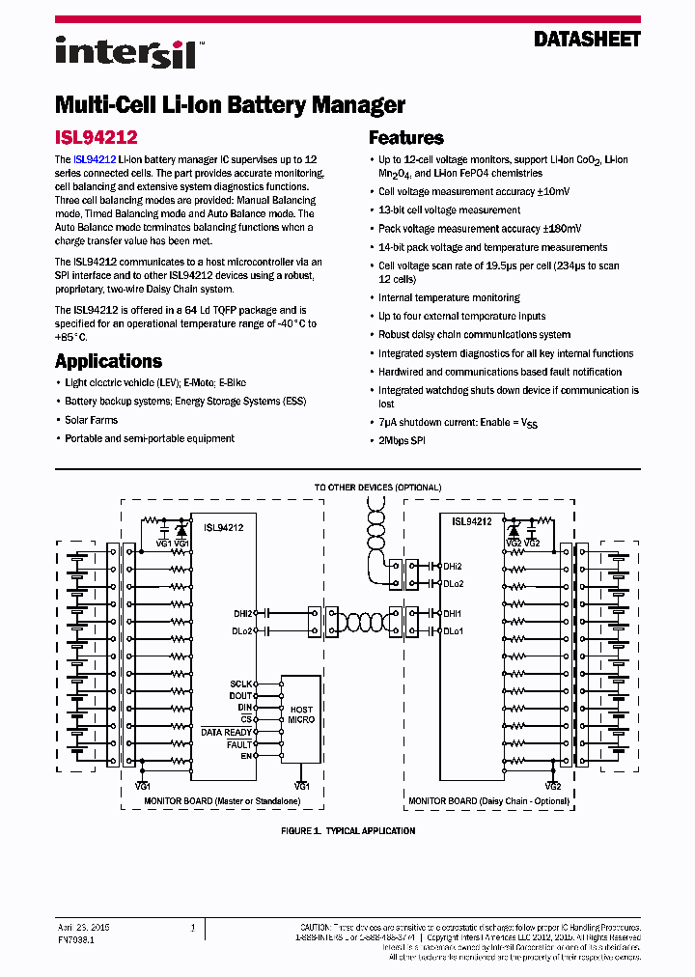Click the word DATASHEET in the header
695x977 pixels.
[x=588, y=40]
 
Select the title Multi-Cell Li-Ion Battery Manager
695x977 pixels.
[x=230, y=104]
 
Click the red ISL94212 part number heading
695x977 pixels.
[x=96, y=138]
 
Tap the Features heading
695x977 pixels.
[x=406, y=138]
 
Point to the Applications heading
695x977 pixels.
[x=108, y=361]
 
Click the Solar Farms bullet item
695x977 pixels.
[x=91, y=420]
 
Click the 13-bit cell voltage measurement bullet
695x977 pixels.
[x=449, y=209]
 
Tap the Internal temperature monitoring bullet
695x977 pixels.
[x=449, y=297]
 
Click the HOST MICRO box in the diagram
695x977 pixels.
[x=301, y=715]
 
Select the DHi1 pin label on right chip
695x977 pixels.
[x=453, y=613]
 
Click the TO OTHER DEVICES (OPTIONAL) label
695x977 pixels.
[x=377, y=488]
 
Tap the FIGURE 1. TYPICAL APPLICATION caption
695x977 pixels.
[x=347, y=830]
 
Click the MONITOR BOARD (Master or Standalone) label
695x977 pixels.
[x=208, y=801]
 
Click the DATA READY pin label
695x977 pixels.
[x=227, y=732]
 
